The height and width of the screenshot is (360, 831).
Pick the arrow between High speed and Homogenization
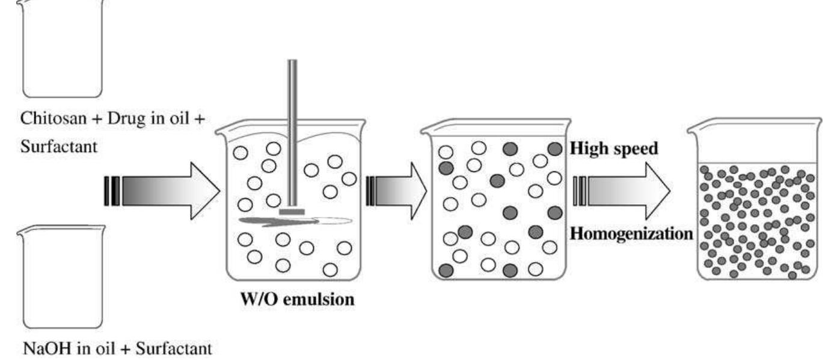click(625, 191)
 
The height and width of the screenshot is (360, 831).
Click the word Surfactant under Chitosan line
click(53, 147)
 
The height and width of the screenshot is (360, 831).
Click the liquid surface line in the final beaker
click(758, 163)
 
